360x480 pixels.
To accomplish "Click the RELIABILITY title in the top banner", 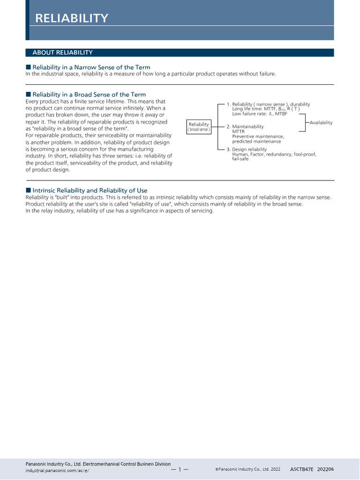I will [x=72, y=18].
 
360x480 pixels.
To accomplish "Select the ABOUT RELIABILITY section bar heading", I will [x=62, y=52].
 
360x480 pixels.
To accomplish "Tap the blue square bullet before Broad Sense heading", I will [x=28, y=95].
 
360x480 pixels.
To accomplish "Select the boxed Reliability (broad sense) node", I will [x=199, y=127].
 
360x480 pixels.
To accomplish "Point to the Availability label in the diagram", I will [x=321, y=123].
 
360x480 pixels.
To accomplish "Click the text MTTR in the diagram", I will [x=238, y=132].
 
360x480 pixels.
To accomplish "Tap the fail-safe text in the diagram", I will [x=240, y=159].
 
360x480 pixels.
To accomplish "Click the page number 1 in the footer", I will [x=180, y=469].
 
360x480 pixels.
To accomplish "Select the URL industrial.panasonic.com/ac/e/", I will [x=57, y=470].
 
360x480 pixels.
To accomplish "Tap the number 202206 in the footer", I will [x=326, y=469].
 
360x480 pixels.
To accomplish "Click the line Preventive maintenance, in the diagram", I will [x=258, y=136].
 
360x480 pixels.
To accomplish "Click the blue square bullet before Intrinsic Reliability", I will [x=28, y=190].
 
